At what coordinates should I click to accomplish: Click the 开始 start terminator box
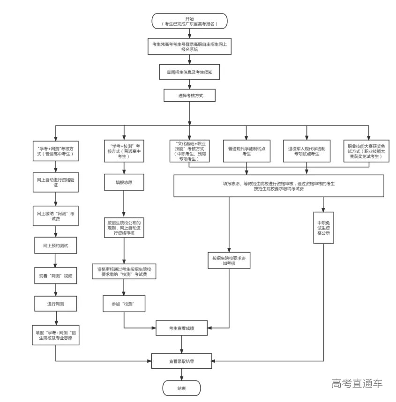pos(190,21)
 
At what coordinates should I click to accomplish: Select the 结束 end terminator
pos(181,388)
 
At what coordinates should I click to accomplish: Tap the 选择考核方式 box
pos(190,95)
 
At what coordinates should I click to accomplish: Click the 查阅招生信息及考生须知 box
pos(190,73)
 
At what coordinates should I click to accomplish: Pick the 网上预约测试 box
pos(56,245)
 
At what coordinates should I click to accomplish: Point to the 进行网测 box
pos(56,304)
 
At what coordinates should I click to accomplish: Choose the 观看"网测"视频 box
pos(56,276)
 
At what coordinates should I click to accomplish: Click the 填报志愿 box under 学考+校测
pos(124,183)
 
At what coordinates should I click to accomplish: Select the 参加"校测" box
pos(124,304)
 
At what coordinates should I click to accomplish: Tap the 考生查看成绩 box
pos(181,328)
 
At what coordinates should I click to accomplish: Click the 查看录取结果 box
pos(181,361)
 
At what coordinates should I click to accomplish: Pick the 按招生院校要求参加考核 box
pos(230,261)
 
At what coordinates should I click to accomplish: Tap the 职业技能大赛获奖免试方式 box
pos(368,150)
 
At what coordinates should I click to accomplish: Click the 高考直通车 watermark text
pos(357,383)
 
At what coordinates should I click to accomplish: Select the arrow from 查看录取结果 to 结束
pos(181,374)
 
